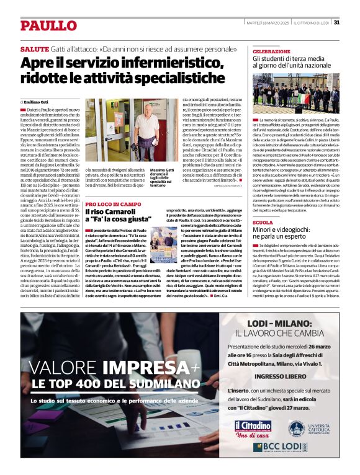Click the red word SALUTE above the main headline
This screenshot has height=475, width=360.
[x=35, y=48]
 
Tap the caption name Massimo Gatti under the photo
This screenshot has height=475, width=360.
[x=161, y=171]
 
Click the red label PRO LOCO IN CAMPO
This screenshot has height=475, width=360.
[x=114, y=203]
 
